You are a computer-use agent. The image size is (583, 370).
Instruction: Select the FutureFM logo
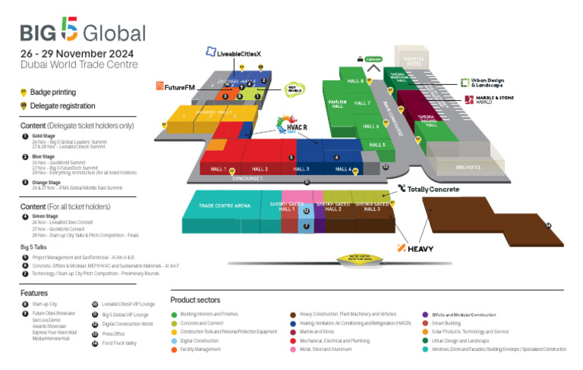[x=175, y=86]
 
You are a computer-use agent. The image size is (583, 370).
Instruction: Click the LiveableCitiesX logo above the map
[x=234, y=53]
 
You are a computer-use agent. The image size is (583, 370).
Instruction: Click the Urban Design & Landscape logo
[x=486, y=83]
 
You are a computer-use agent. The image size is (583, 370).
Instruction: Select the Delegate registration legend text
[x=62, y=105]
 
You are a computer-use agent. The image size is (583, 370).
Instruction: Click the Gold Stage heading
[x=42, y=136]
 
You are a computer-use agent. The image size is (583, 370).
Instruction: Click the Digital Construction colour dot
[x=175, y=340]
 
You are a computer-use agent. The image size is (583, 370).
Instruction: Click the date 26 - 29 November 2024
[x=77, y=54]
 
